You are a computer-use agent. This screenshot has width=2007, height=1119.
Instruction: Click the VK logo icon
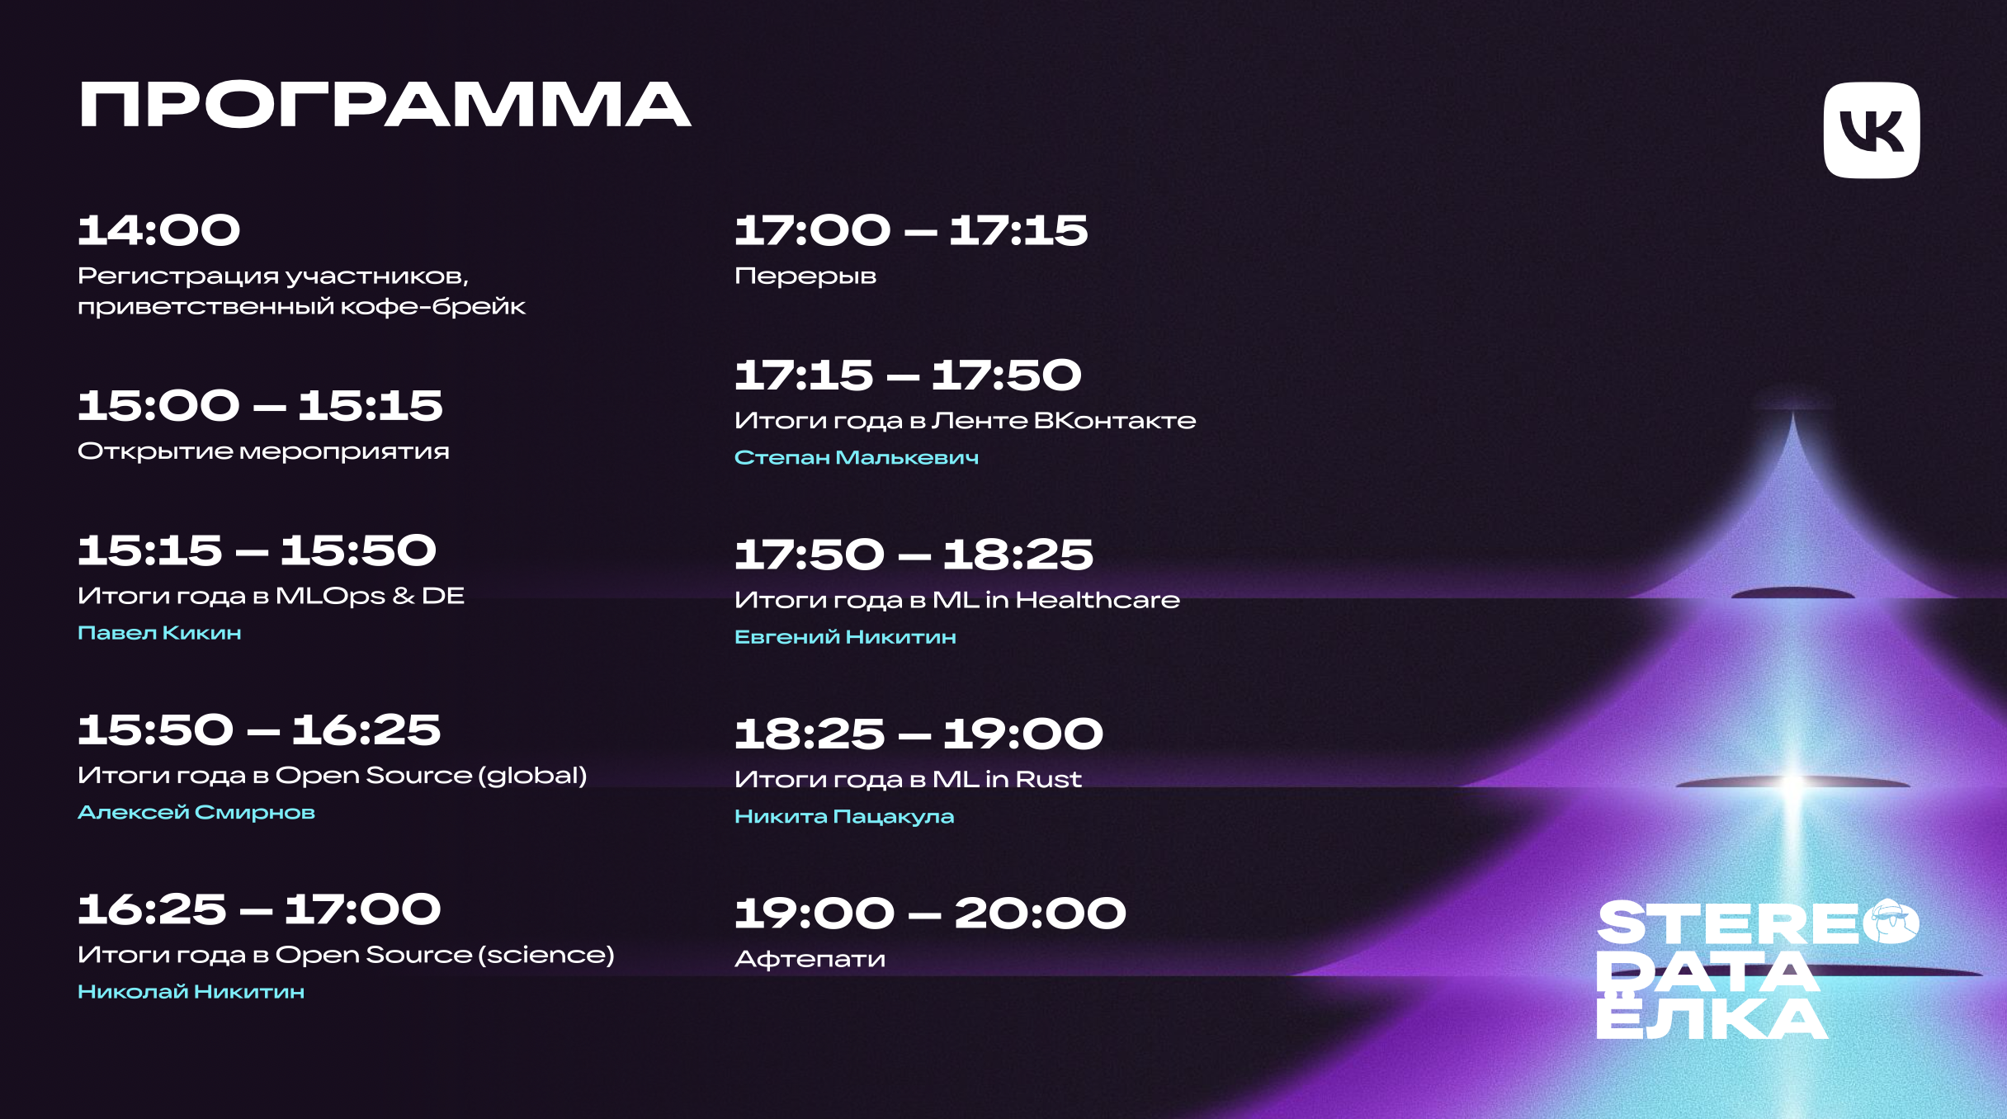[1871, 130]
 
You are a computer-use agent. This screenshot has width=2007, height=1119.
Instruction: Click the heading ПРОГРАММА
[385, 105]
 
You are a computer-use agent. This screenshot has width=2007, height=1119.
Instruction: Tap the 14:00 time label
[158, 229]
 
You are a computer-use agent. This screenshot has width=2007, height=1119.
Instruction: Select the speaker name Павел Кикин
[159, 633]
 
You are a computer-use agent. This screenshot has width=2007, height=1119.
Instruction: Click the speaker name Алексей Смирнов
[196, 812]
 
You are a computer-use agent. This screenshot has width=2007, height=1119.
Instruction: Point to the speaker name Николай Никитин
[191, 991]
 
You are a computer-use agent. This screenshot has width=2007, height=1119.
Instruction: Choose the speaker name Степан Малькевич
[857, 457]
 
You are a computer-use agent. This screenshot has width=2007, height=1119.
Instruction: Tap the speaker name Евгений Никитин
[845, 636]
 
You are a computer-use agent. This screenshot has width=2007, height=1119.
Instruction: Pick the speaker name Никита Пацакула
[844, 816]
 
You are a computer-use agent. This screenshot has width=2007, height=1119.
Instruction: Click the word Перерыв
[805, 276]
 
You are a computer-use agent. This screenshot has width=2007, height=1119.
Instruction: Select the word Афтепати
[810, 959]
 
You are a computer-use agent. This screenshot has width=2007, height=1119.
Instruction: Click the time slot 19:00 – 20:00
[930, 914]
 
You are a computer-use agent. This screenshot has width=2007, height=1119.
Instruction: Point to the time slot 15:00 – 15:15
[260, 405]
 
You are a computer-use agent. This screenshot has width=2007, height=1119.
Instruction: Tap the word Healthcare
[1098, 599]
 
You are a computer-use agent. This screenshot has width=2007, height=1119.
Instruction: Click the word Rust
[1048, 779]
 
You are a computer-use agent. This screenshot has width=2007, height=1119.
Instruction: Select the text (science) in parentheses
[547, 955]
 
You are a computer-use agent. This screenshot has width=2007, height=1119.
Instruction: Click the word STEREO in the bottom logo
[1758, 923]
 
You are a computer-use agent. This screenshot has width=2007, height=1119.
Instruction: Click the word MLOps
[330, 596]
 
